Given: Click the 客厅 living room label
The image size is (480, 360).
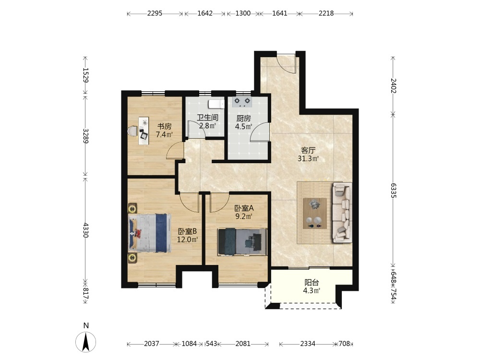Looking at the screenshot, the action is coord(308,151).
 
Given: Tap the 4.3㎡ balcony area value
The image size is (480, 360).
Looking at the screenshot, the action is coord(312,290).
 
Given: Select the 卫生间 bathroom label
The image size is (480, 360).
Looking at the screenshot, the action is coord(207,118).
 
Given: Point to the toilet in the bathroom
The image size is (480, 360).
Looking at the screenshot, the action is coord(216,104).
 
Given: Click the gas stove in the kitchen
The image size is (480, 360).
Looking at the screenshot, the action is coord(242,102).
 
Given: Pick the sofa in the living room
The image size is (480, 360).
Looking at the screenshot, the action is coord(342,213).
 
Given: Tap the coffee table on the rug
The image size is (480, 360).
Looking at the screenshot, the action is coord(315,214).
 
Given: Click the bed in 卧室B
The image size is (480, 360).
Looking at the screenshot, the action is coord(149,233).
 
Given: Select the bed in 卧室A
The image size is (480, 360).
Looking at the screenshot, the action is coord(242,241).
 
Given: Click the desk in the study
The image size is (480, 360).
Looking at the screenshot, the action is coord(143,131).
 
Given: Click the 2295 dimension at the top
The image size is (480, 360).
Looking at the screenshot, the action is coord(155,13).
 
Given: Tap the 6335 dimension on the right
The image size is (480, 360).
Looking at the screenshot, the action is coord(394,191).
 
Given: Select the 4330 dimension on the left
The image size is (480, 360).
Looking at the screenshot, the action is coord(86,230).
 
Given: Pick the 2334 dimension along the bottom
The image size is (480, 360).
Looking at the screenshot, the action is coord(308,344).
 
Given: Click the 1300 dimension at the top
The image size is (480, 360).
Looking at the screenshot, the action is coord(243,13).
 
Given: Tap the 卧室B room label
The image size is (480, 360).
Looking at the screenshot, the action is coord(187,231).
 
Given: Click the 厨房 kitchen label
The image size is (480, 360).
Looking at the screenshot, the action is coord(243,119).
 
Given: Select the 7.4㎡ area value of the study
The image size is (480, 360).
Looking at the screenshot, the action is coord(164,134).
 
